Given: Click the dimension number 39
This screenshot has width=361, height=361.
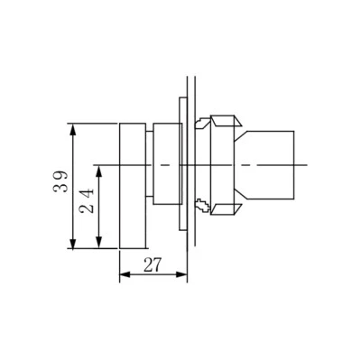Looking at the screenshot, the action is point(60,181).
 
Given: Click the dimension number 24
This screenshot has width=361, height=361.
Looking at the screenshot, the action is point(88,201).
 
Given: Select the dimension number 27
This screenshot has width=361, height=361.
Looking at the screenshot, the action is point(153,264).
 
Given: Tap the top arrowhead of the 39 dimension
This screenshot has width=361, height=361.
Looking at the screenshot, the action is point(72,130).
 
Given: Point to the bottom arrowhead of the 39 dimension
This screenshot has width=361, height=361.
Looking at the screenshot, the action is point(72,242).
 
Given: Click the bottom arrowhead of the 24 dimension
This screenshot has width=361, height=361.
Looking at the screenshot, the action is point(98,242).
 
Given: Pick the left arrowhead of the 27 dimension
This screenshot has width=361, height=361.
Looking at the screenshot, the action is point(126,274).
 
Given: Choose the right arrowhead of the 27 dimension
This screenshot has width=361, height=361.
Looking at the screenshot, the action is point(180,274).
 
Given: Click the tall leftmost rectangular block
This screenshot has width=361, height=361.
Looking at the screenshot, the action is point(133,186).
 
